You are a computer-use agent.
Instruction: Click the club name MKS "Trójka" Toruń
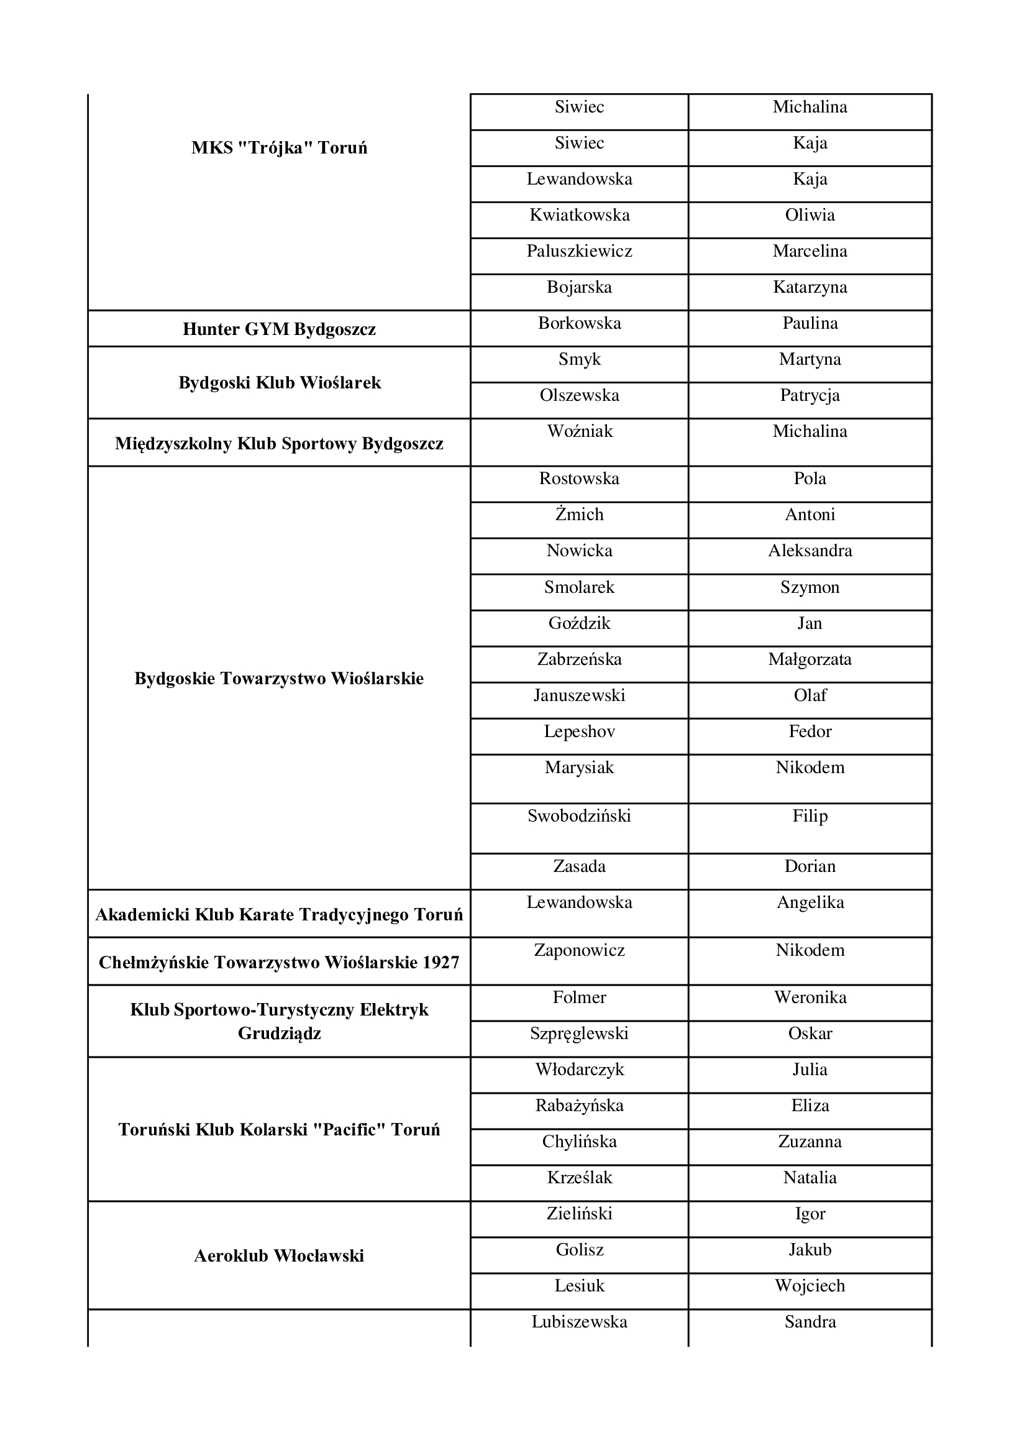click(279, 148)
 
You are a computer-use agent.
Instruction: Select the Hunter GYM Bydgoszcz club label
click(279, 329)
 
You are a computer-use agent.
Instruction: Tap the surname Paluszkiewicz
click(579, 251)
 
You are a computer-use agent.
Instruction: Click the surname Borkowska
click(579, 323)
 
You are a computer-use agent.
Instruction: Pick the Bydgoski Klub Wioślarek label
click(279, 383)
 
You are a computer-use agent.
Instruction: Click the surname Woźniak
click(580, 431)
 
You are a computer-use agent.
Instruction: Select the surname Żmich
click(579, 515)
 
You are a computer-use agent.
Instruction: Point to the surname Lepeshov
click(579, 731)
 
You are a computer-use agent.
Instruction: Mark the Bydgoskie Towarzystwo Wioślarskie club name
click(279, 679)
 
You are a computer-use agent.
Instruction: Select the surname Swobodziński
click(579, 816)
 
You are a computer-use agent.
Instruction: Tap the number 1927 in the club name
click(441, 963)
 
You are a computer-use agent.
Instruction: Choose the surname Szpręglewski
click(579, 1034)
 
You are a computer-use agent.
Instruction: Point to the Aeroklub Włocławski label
click(279, 1255)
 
